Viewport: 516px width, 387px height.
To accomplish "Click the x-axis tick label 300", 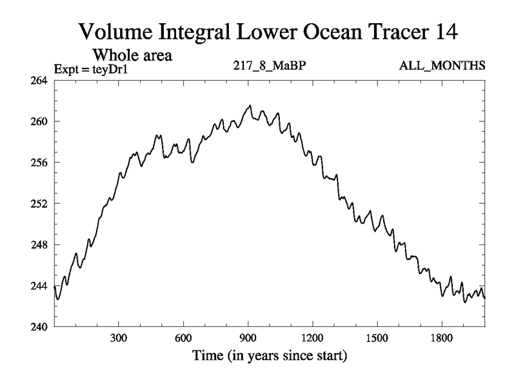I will click(x=119, y=337).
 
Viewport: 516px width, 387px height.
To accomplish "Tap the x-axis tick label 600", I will click(x=183, y=337).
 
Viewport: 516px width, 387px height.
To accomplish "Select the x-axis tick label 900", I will click(x=248, y=337).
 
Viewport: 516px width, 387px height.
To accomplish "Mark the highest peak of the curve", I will click(x=250, y=105).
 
